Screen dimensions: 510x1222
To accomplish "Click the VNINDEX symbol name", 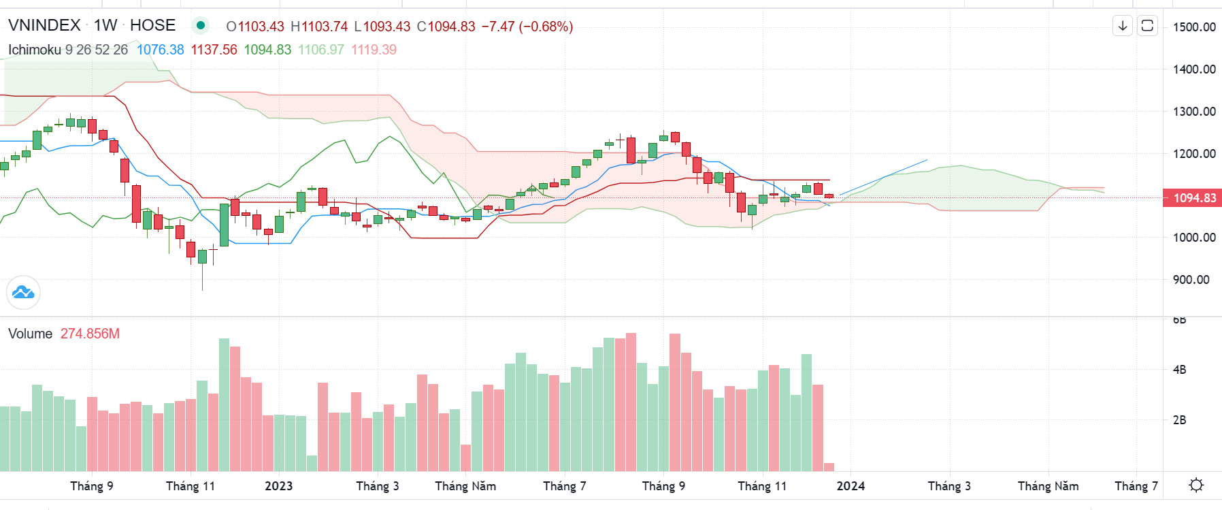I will point(44,25).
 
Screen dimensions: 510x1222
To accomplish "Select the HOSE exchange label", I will point(152,25).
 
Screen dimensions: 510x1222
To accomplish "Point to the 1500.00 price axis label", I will point(1194,27).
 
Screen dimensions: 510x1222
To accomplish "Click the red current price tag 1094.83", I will point(1194,198).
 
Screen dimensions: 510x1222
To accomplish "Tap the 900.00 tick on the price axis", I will point(1191,280).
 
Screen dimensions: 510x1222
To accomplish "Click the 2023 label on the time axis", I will point(278,486).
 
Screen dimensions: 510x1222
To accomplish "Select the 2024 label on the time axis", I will point(851,486).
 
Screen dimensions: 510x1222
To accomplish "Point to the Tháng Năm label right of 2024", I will point(1048,486).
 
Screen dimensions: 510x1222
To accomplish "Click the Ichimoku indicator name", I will point(35,50).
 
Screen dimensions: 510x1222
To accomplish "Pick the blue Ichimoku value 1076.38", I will point(161,50).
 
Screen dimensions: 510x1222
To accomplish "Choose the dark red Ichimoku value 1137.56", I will point(214,50).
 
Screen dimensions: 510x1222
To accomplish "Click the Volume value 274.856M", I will point(90,334).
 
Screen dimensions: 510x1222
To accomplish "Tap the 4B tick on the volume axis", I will point(1179,370).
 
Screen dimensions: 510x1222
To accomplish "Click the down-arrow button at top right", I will point(1123,26).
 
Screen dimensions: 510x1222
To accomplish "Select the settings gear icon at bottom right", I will point(1195,485).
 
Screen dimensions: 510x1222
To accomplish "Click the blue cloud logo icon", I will point(23,293).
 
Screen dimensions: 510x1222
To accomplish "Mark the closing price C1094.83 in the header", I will point(446,27).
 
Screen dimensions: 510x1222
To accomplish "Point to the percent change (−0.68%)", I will point(546,27).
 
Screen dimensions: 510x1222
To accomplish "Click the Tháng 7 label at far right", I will point(1136,486).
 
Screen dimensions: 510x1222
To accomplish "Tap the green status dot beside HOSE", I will point(200,26).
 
